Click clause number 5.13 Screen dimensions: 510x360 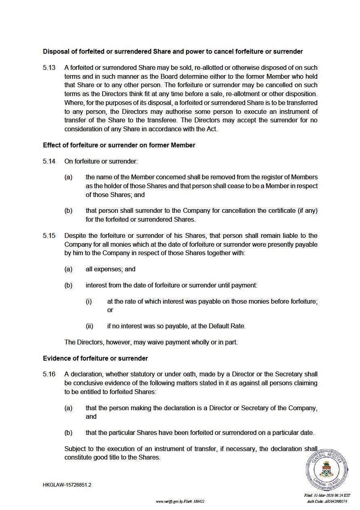click(49, 67)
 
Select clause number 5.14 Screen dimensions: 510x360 click(49, 161)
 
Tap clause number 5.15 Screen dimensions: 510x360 click(49, 235)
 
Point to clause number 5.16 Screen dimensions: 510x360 click(49, 374)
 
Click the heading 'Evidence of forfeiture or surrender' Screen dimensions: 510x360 click(95, 358)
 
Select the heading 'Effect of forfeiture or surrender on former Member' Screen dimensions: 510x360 click(119, 145)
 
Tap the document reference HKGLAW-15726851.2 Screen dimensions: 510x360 click(67, 485)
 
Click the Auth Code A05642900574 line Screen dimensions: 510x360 click(327, 501)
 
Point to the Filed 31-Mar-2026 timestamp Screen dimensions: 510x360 click(327, 495)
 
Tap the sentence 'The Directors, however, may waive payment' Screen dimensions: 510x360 click(151, 342)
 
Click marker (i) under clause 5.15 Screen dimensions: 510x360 click(89, 301)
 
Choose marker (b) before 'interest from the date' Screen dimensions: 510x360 click(68, 285)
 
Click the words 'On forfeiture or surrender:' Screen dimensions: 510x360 click(101, 161)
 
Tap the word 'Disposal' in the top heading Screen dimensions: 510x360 click(56, 51)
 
